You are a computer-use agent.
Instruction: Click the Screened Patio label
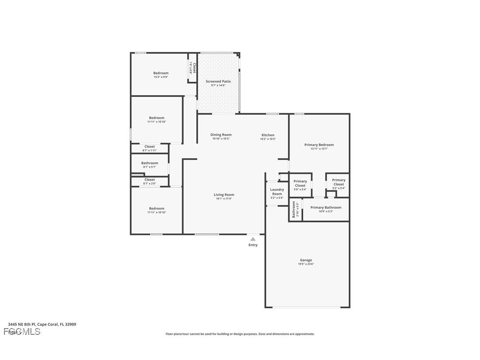point(218,81)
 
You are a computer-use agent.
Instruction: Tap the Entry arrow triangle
point(253,239)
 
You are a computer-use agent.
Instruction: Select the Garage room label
point(306,260)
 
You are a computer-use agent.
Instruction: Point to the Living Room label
point(224,195)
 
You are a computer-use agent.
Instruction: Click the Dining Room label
point(221,135)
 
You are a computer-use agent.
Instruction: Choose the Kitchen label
point(268,135)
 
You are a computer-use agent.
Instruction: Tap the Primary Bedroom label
point(319,145)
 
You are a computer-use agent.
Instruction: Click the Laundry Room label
point(277,191)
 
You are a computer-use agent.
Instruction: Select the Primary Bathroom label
point(326,207)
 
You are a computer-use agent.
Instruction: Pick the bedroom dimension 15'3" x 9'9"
point(161,77)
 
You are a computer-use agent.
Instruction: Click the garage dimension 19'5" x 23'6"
point(306,264)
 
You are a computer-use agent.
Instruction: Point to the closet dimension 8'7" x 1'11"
point(149,150)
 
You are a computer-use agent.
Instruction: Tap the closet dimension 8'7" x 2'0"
point(149,184)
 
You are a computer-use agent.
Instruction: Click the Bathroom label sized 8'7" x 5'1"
point(149,163)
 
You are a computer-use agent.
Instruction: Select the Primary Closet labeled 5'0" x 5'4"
point(300,184)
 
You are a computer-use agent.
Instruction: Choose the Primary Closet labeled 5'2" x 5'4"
point(339,182)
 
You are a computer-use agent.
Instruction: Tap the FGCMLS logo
point(22,332)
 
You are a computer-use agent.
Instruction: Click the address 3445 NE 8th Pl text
point(42,324)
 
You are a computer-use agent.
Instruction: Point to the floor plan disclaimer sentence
point(240,334)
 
